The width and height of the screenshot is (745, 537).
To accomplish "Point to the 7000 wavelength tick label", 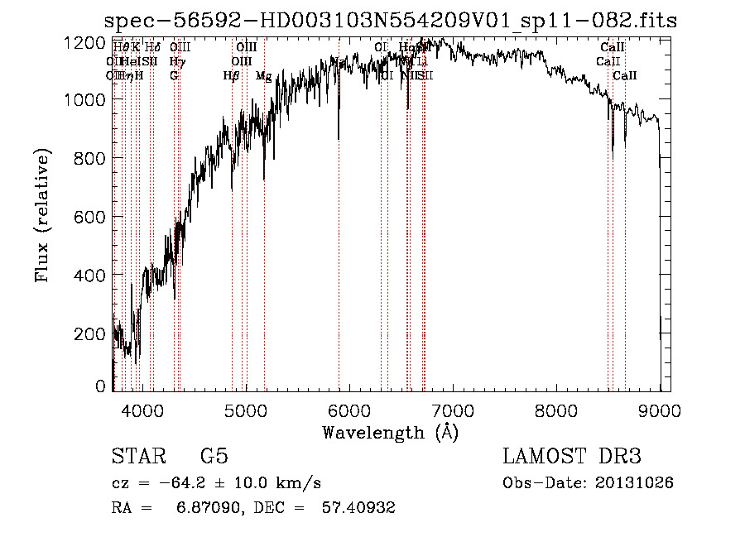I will (x=452, y=410).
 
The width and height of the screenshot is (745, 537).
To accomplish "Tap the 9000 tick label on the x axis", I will (x=660, y=410).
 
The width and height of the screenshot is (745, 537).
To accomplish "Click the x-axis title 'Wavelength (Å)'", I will (x=390, y=432).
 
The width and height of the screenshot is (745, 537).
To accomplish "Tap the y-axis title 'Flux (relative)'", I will (x=43, y=215).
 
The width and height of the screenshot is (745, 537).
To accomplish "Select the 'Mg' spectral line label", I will (x=263, y=76).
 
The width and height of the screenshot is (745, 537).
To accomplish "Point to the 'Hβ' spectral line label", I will (x=232, y=76).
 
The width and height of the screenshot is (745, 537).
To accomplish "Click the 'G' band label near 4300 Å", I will (x=174, y=76).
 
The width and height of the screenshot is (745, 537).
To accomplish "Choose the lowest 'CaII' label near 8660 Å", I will (x=625, y=76).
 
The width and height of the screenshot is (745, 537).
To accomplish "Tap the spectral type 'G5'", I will (x=214, y=457).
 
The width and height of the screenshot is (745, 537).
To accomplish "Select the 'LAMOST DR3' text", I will (x=571, y=457).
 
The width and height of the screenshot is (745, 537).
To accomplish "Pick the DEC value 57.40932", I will (x=358, y=508).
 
